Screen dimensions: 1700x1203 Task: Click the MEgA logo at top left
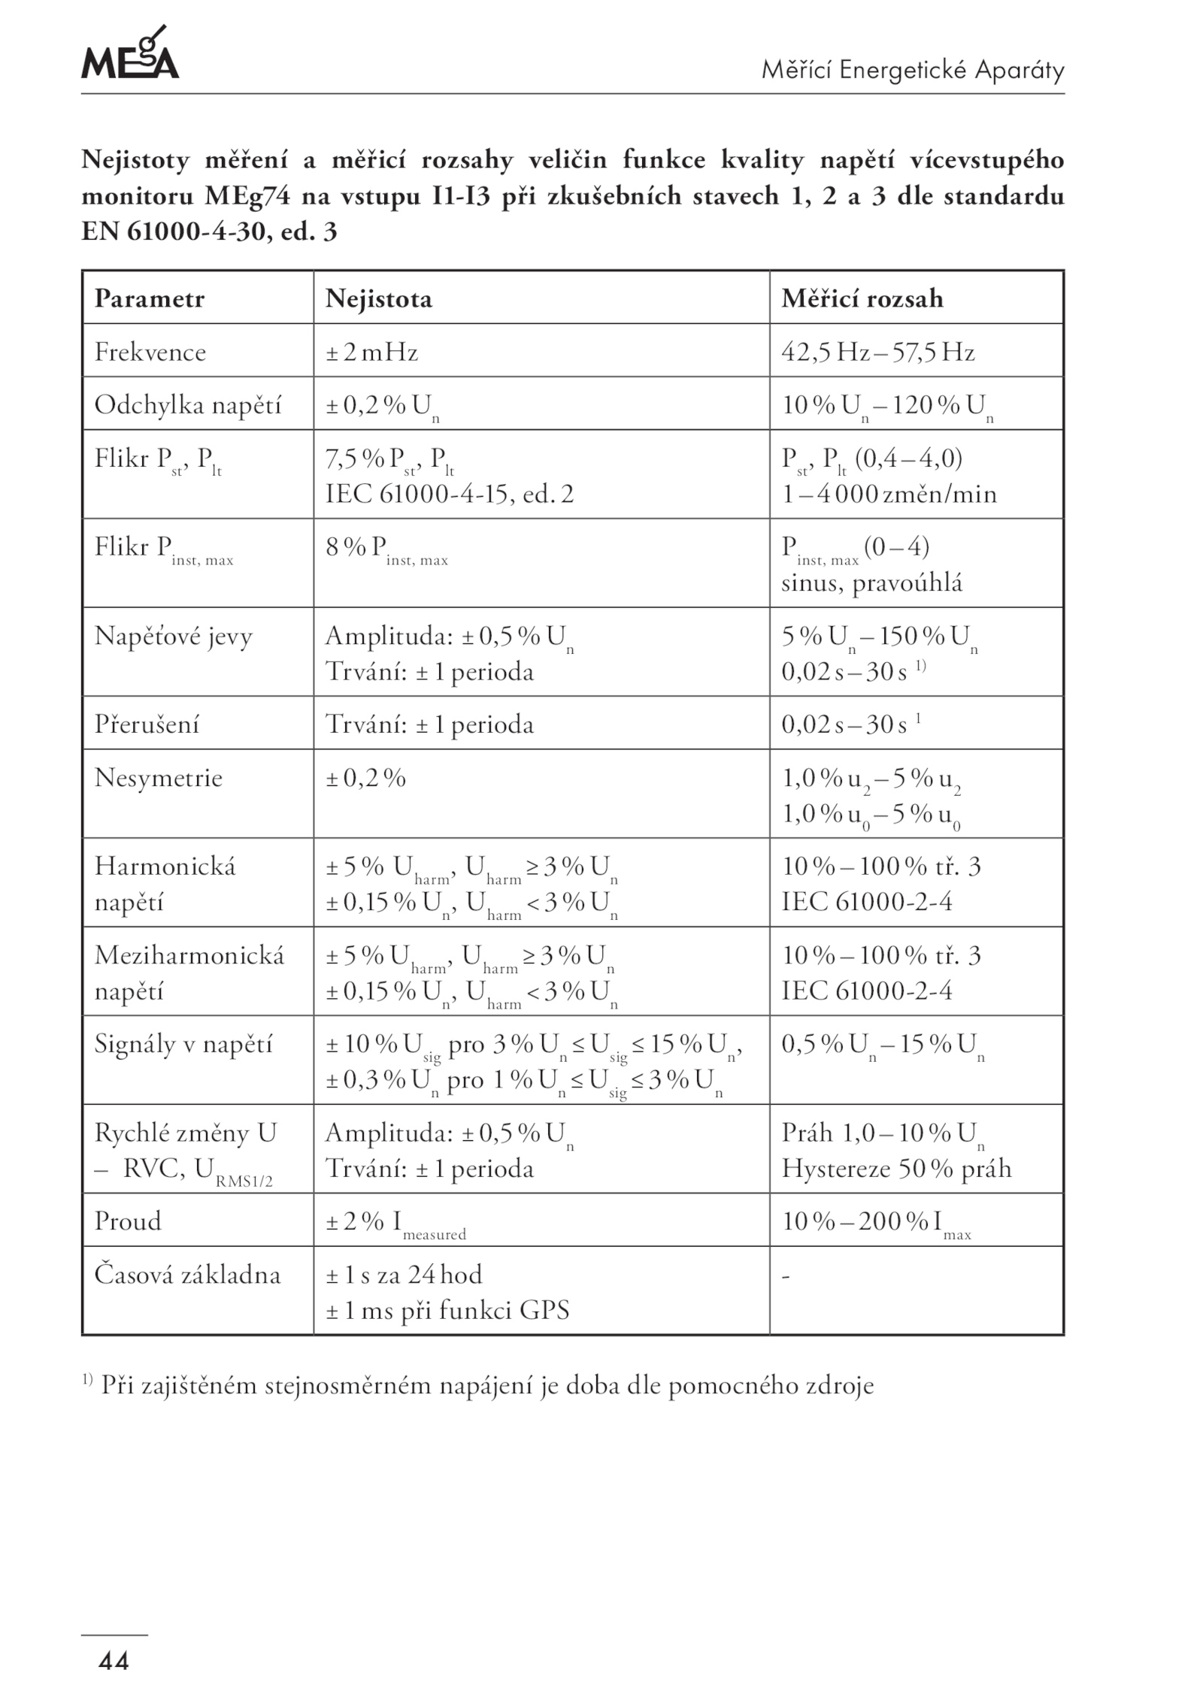[x=129, y=54]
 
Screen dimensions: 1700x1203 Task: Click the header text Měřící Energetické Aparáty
[x=913, y=71]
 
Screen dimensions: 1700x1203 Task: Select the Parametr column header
[x=150, y=299]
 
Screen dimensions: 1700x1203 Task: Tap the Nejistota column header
[x=379, y=299]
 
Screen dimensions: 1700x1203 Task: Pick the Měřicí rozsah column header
[x=862, y=299]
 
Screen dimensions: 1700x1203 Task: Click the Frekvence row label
[x=150, y=352]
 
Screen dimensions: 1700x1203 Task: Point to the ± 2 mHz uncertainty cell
[x=371, y=352]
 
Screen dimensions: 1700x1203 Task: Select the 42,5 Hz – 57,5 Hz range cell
[x=878, y=352]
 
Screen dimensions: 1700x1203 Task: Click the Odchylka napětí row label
[x=188, y=405]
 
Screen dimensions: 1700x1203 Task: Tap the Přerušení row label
[x=147, y=724]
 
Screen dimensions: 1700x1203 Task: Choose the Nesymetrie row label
[x=159, y=777]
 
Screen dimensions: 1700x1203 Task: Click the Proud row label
[x=128, y=1221]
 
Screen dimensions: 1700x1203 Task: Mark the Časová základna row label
[x=187, y=1275]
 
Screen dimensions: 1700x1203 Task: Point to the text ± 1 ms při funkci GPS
[x=447, y=1311]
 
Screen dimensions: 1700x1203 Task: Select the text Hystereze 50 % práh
[x=896, y=1169]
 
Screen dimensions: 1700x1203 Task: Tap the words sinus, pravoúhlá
[x=871, y=583]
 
